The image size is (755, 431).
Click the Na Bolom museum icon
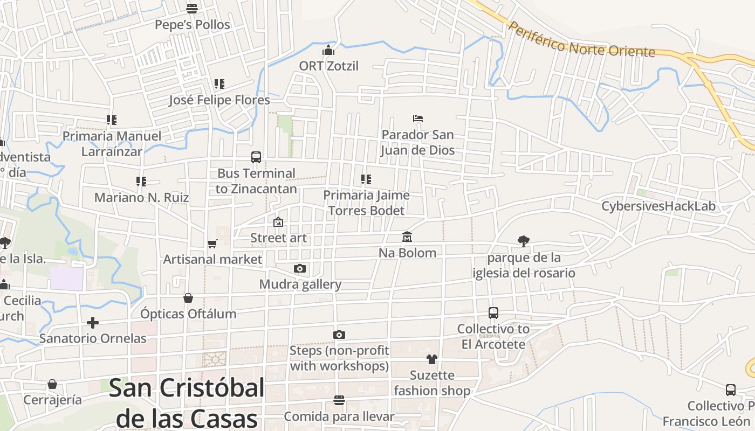[407, 237]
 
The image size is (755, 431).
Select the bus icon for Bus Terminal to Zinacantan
[256, 157]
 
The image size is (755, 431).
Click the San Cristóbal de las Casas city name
[187, 403]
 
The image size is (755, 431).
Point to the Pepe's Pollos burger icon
[192, 8]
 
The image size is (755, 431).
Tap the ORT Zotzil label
[328, 66]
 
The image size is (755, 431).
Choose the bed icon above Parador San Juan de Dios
[417, 119]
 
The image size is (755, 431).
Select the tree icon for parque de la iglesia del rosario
[523, 241]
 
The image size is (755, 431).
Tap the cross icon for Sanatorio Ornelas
[93, 323]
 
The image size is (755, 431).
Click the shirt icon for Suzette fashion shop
[431, 359]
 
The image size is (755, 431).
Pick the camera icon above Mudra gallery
[300, 268]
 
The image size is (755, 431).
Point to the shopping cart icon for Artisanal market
[212, 244]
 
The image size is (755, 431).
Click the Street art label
[278, 238]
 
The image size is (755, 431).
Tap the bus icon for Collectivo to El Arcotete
[493, 312]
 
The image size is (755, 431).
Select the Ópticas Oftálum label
[188, 314]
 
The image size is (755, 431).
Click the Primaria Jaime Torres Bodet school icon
[366, 179]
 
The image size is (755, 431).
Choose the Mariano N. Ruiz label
[141, 197]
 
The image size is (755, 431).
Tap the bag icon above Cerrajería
[52, 384]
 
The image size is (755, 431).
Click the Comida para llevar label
[339, 416]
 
